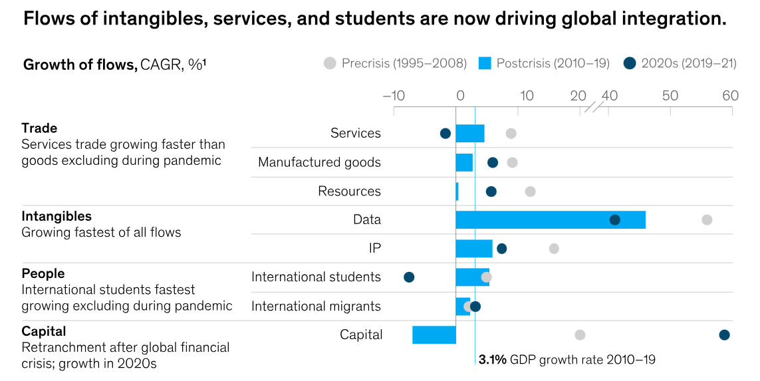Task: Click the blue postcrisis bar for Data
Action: [551, 219]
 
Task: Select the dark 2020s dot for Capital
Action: [724, 334]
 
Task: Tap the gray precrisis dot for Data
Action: [707, 219]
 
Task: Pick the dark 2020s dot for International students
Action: [409, 277]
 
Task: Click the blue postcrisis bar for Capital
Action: [434, 334]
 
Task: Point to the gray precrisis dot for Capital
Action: [580, 334]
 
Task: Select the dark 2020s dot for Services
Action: [445, 134]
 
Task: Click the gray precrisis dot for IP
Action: [554, 249]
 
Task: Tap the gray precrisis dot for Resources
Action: [530, 191]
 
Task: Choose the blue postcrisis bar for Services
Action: [470, 133]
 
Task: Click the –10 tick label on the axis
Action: [394, 95]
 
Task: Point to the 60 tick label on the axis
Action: [730, 95]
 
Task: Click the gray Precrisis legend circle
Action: [330, 63]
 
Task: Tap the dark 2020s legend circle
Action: [630, 63]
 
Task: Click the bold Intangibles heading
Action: [57, 216]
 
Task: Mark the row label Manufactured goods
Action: [319, 162]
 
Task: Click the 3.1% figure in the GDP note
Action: [493, 360]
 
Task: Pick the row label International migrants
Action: [316, 306]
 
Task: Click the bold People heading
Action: [43, 273]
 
